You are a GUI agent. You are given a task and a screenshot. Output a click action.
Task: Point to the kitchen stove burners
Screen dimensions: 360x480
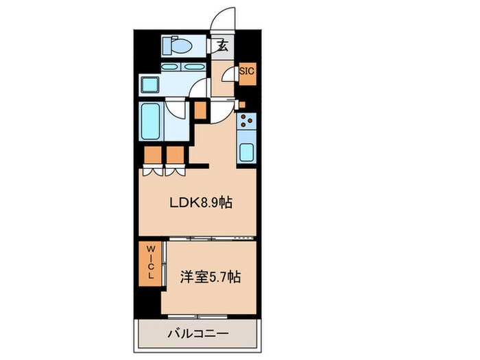tap(246, 123)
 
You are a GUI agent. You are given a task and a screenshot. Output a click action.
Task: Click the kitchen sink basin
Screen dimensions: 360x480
tap(247, 152)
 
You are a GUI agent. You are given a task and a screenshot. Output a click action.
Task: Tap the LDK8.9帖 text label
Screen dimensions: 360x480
tap(201, 204)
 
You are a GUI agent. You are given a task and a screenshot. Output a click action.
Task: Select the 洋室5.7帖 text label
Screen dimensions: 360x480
tap(211, 279)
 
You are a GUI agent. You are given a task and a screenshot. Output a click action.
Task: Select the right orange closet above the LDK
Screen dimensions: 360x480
tap(174, 155)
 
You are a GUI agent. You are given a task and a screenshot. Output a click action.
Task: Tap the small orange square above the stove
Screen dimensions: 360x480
tap(241, 104)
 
